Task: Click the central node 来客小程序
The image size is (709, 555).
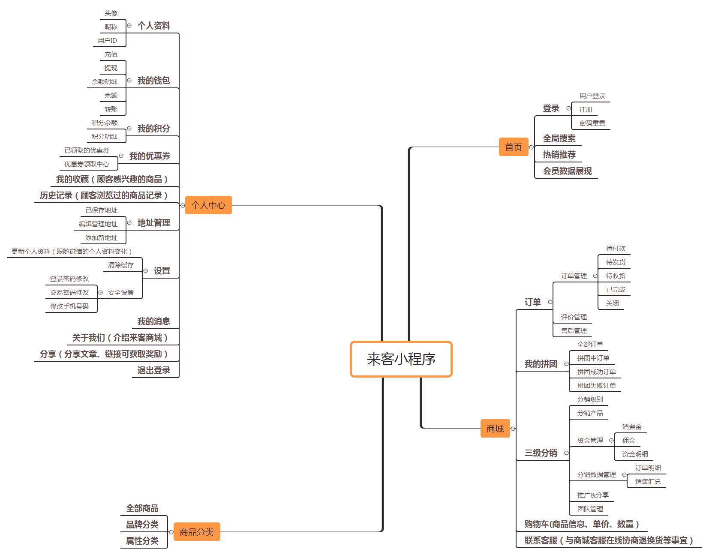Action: point(401,359)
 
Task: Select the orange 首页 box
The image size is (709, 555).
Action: point(513,147)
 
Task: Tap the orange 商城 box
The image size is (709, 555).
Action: point(495,429)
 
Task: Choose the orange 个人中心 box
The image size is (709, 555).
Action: point(208,205)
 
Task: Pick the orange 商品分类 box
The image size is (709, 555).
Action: point(197,532)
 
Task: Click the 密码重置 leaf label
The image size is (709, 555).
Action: point(592,123)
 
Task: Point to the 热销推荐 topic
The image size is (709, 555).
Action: point(559,155)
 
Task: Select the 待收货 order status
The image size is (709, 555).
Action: point(616,276)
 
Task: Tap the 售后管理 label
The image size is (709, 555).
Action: point(574,331)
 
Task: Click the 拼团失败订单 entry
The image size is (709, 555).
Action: point(596,386)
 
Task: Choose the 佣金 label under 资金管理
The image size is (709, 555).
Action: point(628,441)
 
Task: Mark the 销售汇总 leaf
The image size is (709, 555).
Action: point(648,482)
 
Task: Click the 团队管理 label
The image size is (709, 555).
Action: point(590,509)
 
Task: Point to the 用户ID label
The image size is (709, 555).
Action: point(107,41)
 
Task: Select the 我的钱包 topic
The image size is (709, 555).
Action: point(153,81)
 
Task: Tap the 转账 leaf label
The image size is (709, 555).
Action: point(111,109)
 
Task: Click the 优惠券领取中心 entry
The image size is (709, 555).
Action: point(87,164)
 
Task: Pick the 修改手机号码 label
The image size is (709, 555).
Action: point(69,306)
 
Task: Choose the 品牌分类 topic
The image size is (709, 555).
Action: point(142,525)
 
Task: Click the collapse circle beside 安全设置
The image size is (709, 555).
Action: point(100,293)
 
